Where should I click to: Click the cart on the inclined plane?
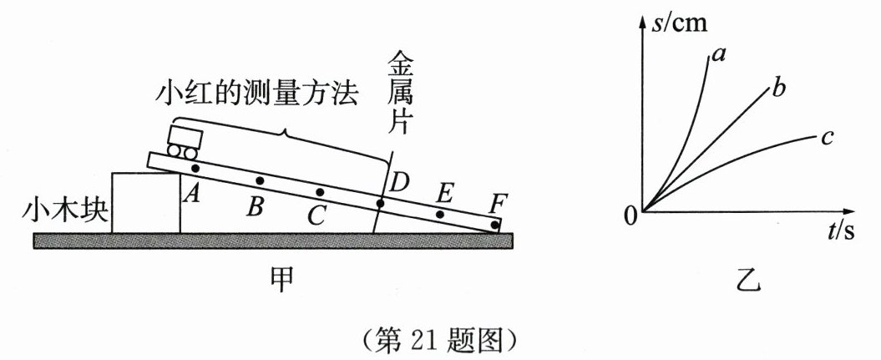tap(184, 140)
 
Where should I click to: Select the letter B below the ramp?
tap(256, 205)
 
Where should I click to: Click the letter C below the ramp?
tap(316, 215)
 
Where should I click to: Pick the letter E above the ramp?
tap(444, 194)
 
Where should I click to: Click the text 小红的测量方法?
tap(256, 94)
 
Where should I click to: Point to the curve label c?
tap(827, 137)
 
